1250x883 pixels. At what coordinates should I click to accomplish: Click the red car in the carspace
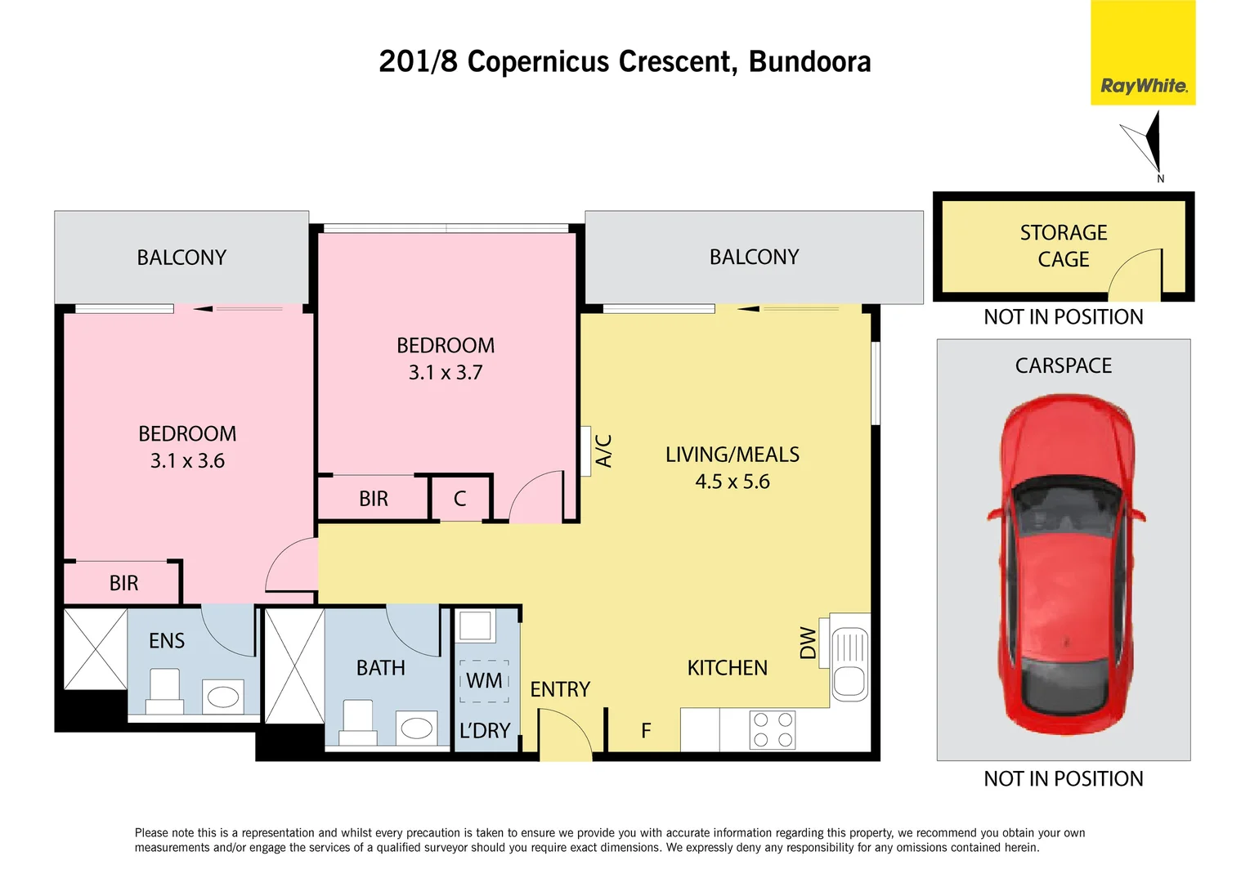pyautogui.click(x=1064, y=564)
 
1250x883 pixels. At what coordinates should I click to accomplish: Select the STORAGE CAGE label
pyautogui.click(x=1063, y=246)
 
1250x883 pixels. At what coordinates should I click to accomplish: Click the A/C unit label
pyautogui.click(x=603, y=450)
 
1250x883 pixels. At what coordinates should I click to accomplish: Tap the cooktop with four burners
pyautogui.click(x=772, y=730)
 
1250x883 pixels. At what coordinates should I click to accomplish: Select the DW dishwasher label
pyautogui.click(x=808, y=643)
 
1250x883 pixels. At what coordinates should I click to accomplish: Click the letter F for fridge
pyautogui.click(x=646, y=731)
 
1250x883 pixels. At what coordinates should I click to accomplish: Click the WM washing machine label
pyautogui.click(x=484, y=681)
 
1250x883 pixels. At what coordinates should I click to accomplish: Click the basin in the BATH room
pyautogui.click(x=416, y=728)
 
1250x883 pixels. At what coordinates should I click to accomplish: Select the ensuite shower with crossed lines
pyautogui.click(x=96, y=649)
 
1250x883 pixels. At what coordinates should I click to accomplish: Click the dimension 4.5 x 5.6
pyautogui.click(x=733, y=482)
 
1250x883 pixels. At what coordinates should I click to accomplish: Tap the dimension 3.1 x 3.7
pyautogui.click(x=446, y=373)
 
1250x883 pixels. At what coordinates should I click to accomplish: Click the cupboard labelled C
pyautogui.click(x=460, y=499)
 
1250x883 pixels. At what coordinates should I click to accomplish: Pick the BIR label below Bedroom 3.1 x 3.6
pyautogui.click(x=123, y=583)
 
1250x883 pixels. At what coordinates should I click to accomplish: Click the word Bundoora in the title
pyautogui.click(x=809, y=62)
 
